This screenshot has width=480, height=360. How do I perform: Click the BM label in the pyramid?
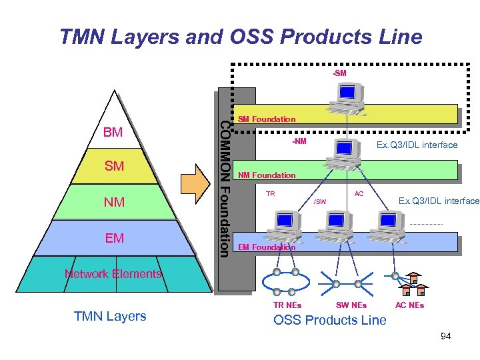pos(113,133)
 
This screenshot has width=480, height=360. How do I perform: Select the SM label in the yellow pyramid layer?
pos(114,166)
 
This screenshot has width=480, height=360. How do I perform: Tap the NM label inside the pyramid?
pos(115,202)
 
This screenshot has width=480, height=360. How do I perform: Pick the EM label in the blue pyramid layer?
pos(115,238)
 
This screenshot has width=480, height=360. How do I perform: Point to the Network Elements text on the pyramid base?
pos(113,274)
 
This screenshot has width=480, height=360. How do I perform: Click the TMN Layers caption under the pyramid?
pos(110,317)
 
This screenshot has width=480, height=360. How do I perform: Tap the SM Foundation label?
pos(267,119)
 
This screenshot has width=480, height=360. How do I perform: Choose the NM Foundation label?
pos(267,175)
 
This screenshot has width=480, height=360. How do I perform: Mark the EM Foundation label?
pos(267,247)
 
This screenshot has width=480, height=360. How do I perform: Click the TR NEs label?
pos(287,305)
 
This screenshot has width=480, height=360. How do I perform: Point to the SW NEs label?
pos(351,305)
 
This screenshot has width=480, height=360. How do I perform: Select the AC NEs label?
pos(409,305)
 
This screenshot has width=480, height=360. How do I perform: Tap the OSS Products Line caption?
pos(330,321)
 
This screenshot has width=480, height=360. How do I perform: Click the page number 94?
pos(445,337)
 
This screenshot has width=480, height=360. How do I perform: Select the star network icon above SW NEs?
pos(346,283)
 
